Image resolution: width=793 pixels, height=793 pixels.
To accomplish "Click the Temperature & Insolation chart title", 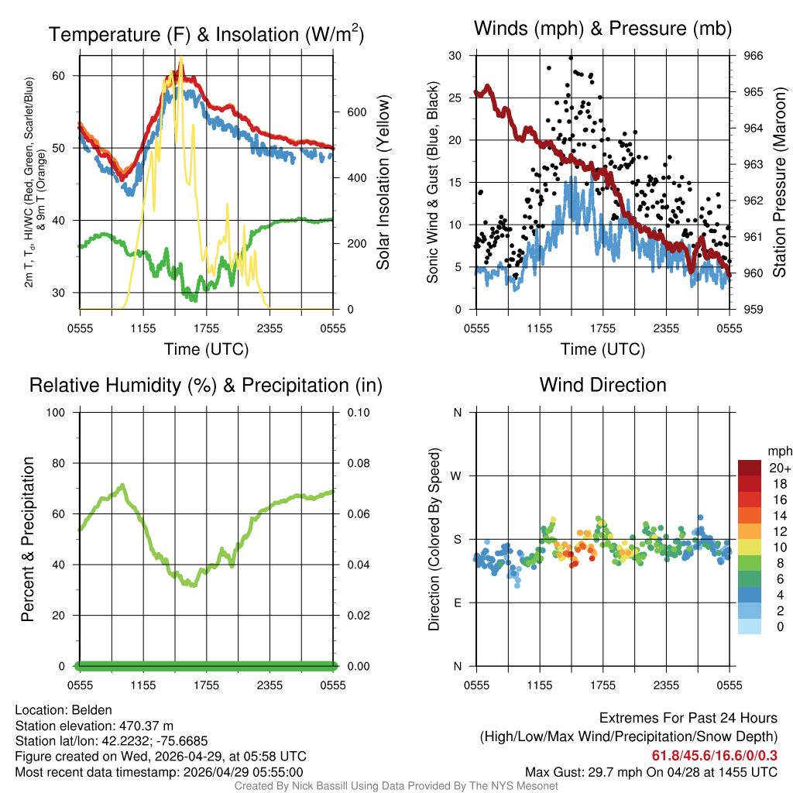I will point(206,35).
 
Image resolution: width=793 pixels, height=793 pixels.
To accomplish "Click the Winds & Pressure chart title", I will point(602,29).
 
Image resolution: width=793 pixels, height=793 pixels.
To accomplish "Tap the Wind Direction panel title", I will point(602,385).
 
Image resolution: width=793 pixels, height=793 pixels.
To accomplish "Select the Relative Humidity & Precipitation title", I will point(206,385).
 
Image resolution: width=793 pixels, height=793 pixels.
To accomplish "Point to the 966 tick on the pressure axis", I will point(754,56).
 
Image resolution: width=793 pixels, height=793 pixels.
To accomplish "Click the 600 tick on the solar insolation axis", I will point(356,112).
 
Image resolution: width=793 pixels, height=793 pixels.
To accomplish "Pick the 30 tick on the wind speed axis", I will point(455,56).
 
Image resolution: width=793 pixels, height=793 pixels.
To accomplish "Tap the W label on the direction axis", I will point(458,475).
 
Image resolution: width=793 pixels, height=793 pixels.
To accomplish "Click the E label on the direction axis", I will point(458,602).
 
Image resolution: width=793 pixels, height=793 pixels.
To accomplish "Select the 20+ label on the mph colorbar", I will point(779,469).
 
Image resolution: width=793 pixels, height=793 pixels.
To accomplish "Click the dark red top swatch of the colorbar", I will point(750,468).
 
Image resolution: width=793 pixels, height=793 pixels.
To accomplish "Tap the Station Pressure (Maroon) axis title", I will point(780,183).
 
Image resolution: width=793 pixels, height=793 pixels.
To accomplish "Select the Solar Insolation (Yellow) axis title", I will point(383,183).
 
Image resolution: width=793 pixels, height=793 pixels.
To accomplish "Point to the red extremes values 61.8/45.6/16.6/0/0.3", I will point(714,755).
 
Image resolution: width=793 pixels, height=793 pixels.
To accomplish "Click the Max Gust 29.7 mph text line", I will point(651,771).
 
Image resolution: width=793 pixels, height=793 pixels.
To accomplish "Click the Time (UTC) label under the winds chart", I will point(602,349).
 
